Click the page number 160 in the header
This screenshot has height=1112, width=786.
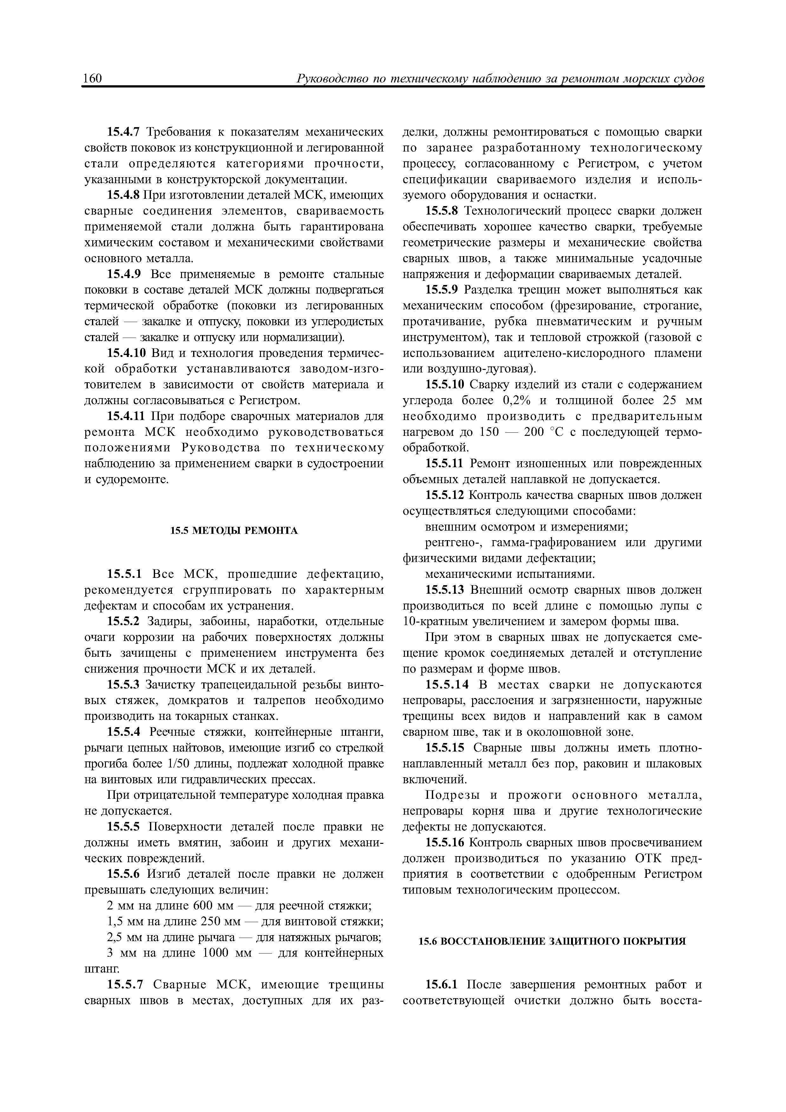point(93,78)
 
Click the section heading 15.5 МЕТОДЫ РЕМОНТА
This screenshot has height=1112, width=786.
point(234,531)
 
